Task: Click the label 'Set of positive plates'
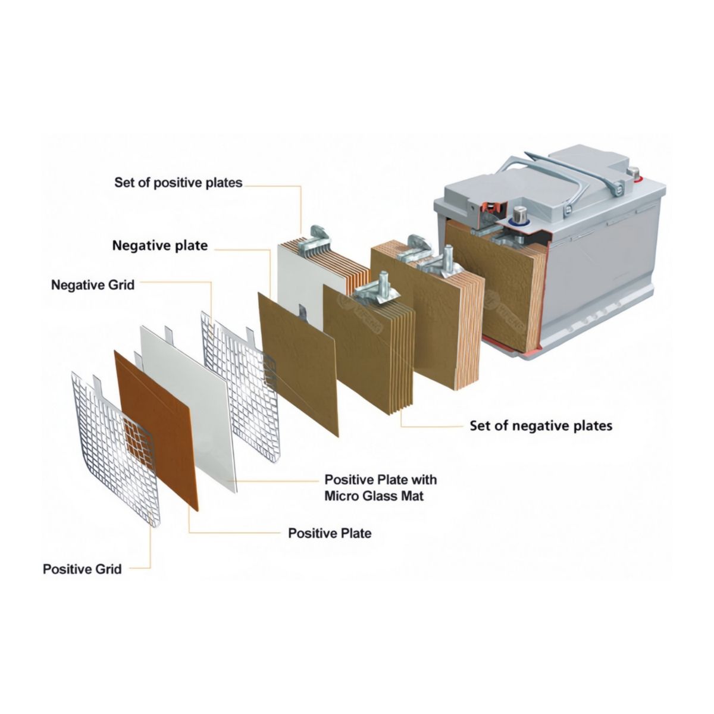coord(178,183)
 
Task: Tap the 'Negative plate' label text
coord(160,246)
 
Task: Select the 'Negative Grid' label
coord(93,285)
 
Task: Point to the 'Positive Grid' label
coord(82,569)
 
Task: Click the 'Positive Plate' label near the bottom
coord(330,533)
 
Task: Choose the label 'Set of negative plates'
coord(541,426)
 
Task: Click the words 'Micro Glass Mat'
coord(374,496)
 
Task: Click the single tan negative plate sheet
coord(298,365)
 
